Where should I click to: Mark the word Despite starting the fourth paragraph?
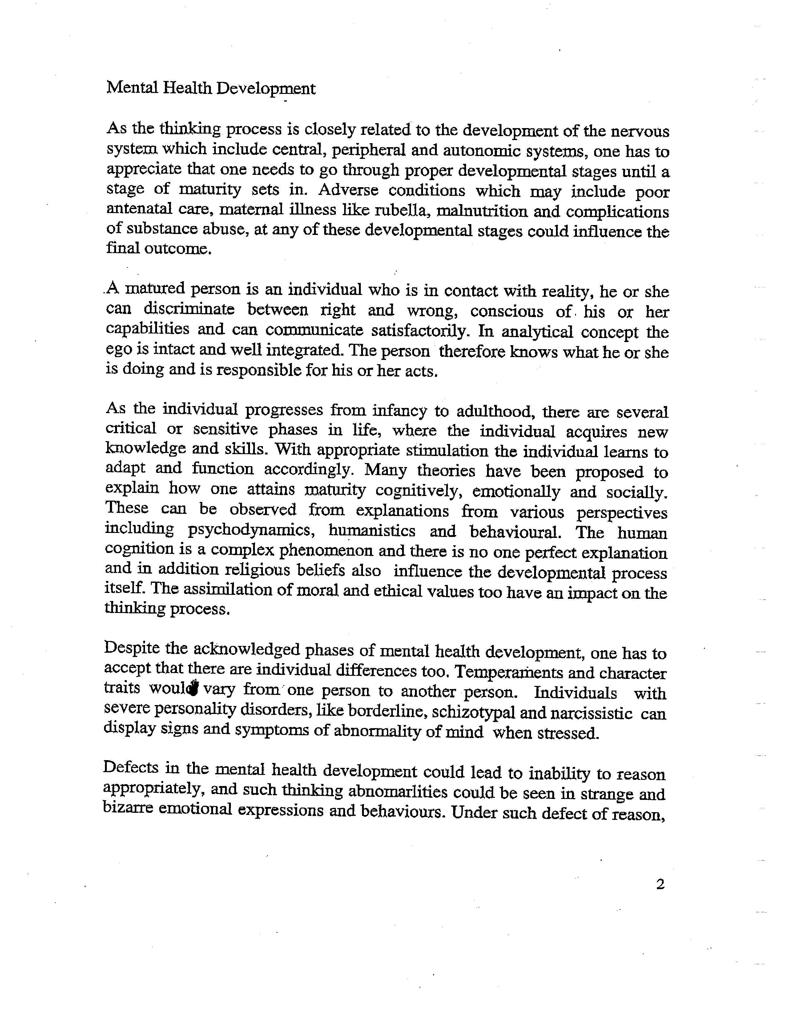pyautogui.click(x=132, y=649)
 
